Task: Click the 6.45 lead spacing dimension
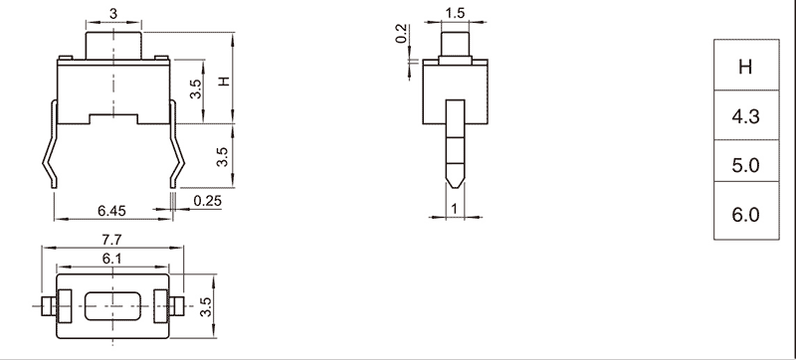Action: click(112, 211)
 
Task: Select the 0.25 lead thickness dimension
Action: click(208, 201)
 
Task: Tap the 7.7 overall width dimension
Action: click(111, 240)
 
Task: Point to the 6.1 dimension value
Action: click(111, 259)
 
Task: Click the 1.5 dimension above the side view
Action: click(455, 14)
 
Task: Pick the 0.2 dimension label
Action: click(401, 34)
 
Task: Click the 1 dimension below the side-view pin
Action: click(455, 209)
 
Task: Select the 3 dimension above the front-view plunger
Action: click(113, 14)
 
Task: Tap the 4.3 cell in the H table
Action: click(745, 115)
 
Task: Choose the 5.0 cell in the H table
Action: click(745, 165)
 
